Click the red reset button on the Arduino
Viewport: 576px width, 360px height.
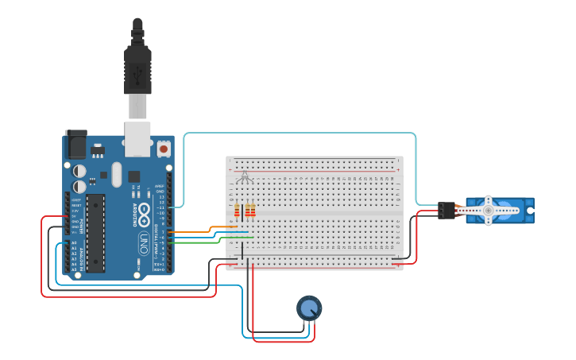click(x=164, y=148)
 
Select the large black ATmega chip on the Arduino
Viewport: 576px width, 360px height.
click(x=95, y=232)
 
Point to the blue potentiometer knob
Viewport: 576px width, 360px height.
click(x=309, y=308)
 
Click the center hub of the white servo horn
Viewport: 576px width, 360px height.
click(x=489, y=210)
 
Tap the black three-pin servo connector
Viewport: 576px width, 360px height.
click(x=446, y=211)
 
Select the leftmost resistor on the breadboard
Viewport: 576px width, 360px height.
click(x=237, y=211)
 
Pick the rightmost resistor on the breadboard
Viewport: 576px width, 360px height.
click(x=253, y=211)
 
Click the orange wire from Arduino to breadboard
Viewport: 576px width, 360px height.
click(x=195, y=231)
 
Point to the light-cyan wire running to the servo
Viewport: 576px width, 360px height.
click(x=302, y=134)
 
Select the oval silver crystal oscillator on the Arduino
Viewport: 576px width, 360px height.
click(x=117, y=174)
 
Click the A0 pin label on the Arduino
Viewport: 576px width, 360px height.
click(x=74, y=242)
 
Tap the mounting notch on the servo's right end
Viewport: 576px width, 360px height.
click(x=529, y=210)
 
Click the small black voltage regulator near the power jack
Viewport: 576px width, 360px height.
click(x=97, y=148)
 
